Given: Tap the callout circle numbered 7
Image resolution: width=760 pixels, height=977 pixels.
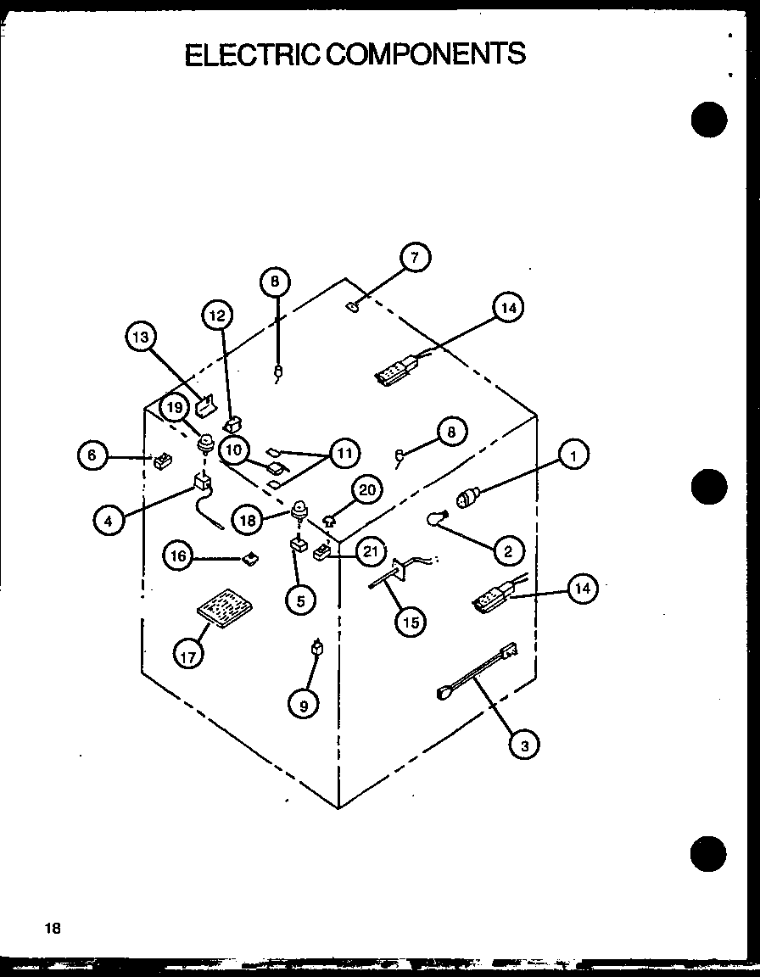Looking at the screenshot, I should [415, 256].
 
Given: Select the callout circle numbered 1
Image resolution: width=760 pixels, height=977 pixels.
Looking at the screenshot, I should [573, 456].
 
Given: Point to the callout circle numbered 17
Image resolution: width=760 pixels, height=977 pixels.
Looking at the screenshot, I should [189, 654].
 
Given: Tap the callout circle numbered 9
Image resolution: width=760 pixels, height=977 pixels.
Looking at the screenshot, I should [303, 703].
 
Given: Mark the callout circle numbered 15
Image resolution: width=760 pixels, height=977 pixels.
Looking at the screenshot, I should [411, 622].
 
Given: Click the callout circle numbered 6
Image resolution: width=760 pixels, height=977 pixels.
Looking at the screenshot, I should [92, 455].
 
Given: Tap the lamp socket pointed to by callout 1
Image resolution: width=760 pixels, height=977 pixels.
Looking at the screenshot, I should [469, 498].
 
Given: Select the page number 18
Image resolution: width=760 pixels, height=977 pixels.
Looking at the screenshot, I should [53, 928].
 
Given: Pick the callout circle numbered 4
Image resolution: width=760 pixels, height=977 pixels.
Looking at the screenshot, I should [109, 521].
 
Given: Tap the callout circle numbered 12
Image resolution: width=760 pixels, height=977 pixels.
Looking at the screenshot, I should [218, 316].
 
